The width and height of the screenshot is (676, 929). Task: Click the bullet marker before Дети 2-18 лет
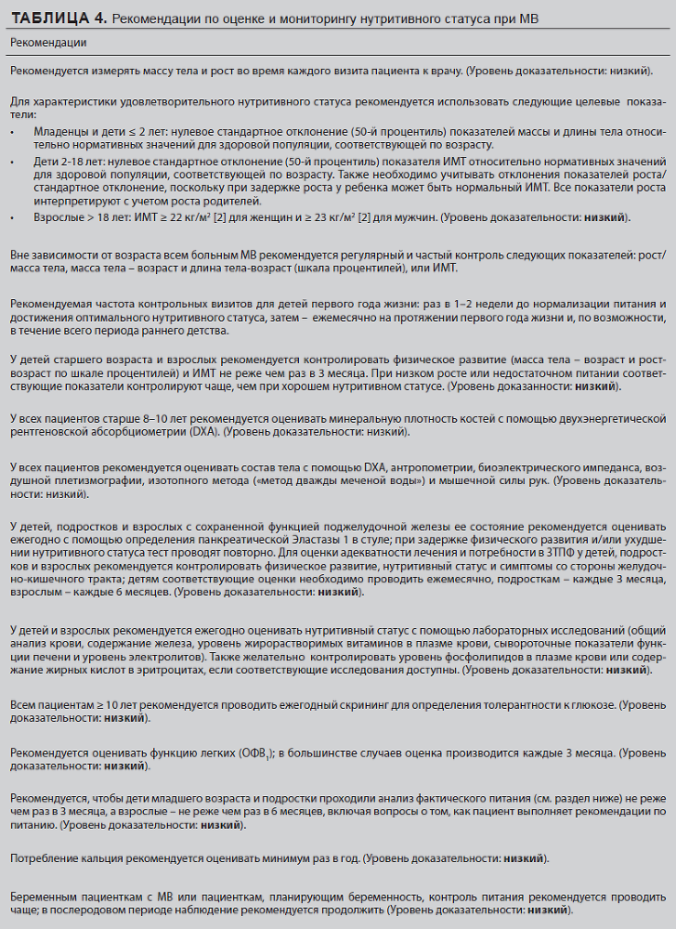[12, 161]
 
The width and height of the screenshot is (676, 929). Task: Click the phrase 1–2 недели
[452, 305]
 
